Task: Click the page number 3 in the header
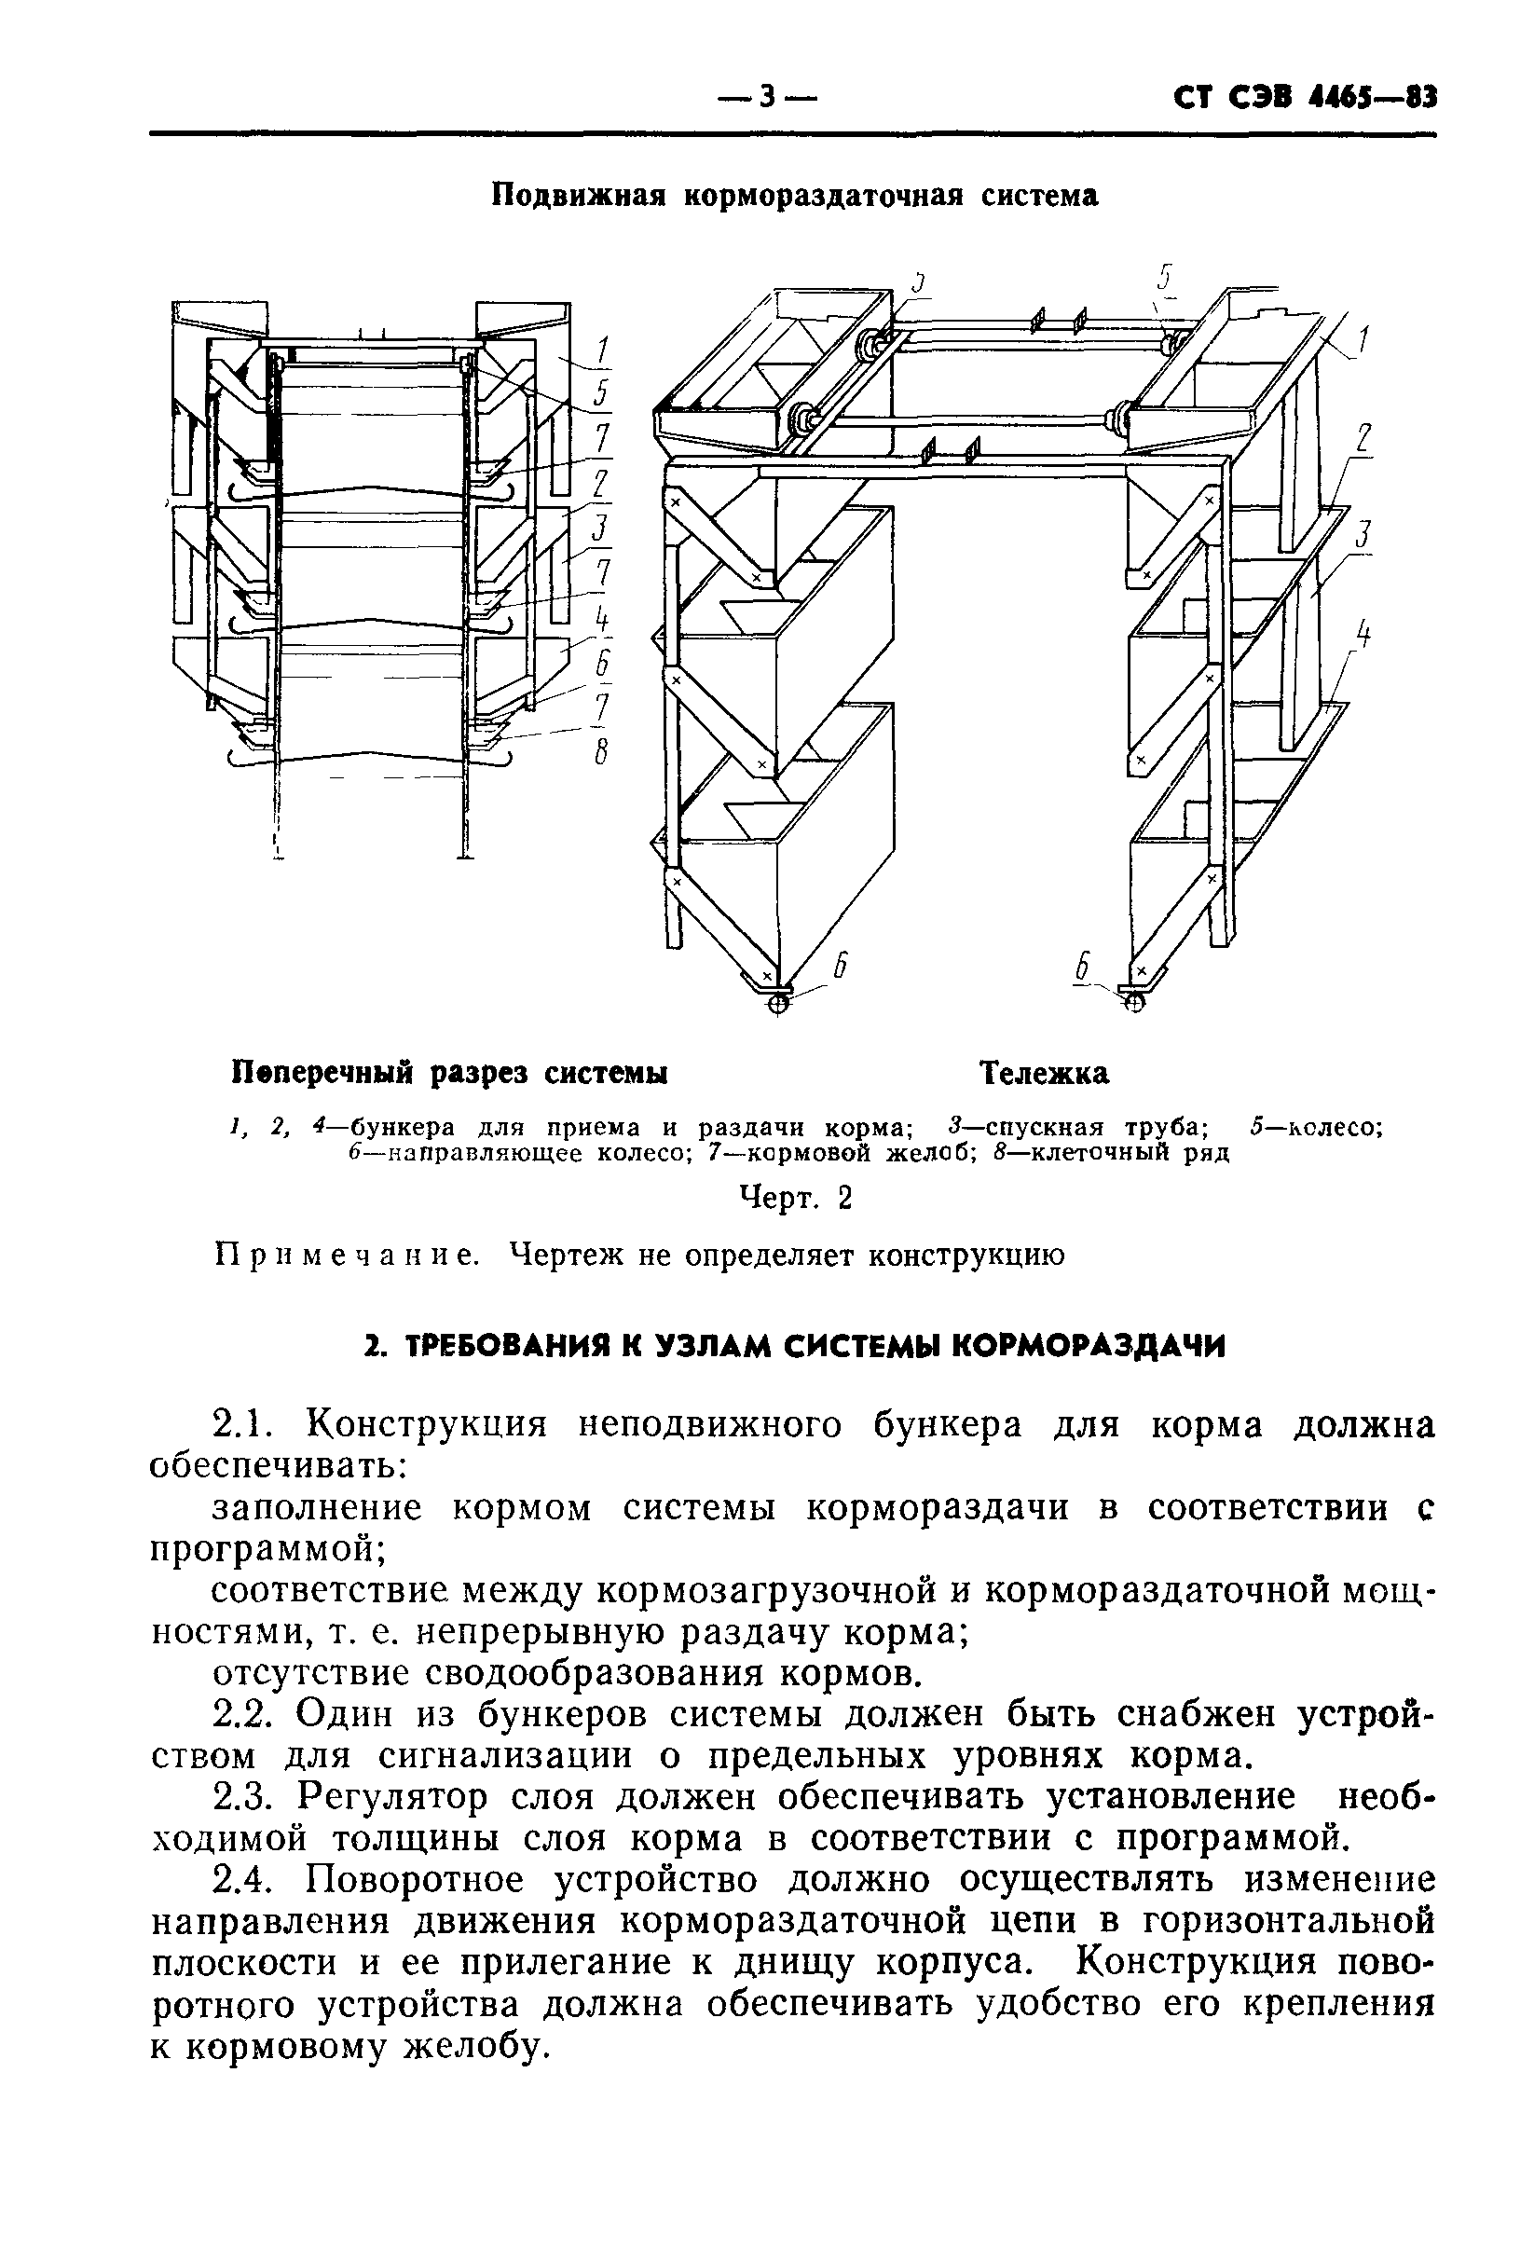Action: [766, 98]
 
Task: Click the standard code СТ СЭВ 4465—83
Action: [1305, 99]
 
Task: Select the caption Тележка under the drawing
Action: [1044, 1073]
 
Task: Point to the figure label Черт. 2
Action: [795, 1198]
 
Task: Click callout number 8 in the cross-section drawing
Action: [601, 752]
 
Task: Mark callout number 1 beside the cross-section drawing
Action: [603, 350]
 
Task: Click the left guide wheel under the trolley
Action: [778, 1003]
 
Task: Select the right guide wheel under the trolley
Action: [1132, 1001]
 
